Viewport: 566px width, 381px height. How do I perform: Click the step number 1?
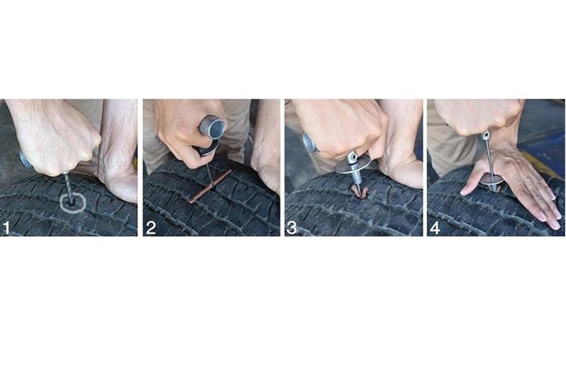click(x=6, y=228)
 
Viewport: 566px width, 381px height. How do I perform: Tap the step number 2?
click(x=151, y=228)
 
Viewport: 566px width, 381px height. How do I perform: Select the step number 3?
click(x=291, y=228)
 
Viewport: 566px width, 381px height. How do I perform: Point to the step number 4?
click(x=435, y=228)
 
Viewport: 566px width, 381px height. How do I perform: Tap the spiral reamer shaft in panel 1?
click(x=68, y=187)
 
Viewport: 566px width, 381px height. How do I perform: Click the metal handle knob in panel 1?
click(x=25, y=160)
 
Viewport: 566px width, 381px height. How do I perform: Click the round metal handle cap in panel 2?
click(x=212, y=127)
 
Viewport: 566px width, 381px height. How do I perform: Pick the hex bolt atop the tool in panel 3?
click(x=352, y=156)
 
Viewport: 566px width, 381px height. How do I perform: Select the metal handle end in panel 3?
click(x=309, y=142)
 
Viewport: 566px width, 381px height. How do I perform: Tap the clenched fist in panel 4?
click(x=476, y=116)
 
